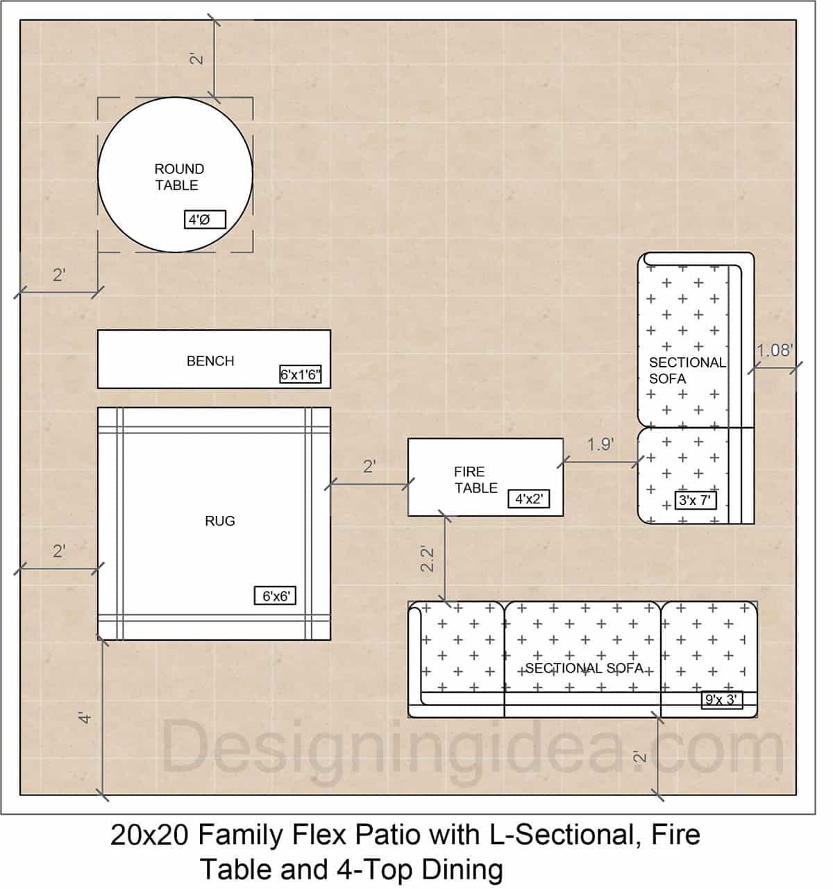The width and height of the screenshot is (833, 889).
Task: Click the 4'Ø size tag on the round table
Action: coord(205,221)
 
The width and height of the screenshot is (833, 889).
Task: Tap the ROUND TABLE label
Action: coord(179,177)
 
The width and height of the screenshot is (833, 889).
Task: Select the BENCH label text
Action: coord(210,361)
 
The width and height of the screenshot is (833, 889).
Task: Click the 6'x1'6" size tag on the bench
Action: coord(300,375)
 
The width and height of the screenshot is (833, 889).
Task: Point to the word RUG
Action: coord(219,521)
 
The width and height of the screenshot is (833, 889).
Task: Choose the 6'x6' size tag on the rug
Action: coord(275,596)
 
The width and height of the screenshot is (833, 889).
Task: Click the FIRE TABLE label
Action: coord(476,480)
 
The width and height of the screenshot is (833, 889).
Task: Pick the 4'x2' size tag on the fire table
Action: coord(528,499)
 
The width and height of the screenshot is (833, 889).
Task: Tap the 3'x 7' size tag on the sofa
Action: coord(695,500)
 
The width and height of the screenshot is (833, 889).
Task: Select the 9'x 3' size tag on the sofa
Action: coord(721,700)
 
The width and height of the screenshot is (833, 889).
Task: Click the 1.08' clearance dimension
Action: coord(774,350)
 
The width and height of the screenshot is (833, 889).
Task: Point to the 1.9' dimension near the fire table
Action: coord(600,444)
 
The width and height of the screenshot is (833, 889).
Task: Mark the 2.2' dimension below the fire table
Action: coord(428,559)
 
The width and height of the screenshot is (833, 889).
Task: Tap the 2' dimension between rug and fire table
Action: coord(369,467)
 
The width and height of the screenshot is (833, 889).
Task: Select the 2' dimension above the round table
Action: coord(197,59)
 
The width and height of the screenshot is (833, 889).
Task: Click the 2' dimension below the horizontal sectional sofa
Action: coord(640,756)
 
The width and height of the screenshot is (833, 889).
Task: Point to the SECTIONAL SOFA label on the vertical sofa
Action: coord(686,370)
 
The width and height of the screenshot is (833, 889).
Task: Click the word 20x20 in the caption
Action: coord(149,835)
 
